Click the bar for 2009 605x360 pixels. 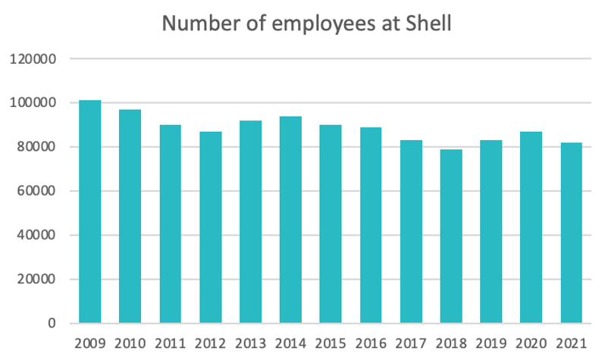click(89, 212)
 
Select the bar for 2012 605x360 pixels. click(211, 227)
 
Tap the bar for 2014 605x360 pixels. click(291, 220)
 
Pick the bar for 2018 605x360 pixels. click(452, 236)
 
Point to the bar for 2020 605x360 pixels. click(532, 227)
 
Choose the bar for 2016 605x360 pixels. click(371, 226)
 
